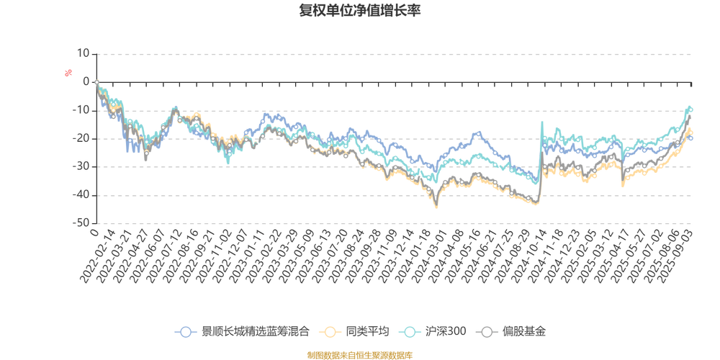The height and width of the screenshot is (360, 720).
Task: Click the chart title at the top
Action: pos(360,11)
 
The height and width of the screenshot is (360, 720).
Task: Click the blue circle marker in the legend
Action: pos(186,332)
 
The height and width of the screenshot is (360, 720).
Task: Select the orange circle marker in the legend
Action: pos(330,332)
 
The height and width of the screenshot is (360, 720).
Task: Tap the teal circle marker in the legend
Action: pos(410,332)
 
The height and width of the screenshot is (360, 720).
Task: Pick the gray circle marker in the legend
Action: pos(487,332)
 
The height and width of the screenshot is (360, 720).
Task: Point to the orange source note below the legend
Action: pos(360,354)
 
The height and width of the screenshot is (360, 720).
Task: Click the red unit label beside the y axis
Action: pos(69,71)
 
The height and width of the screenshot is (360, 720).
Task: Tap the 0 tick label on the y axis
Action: pos(86,81)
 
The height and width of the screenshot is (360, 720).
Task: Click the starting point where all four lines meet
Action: pos(96,81)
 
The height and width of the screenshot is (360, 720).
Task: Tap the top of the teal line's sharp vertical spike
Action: pos(541,122)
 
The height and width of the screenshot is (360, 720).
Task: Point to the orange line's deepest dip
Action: pos(436,206)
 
